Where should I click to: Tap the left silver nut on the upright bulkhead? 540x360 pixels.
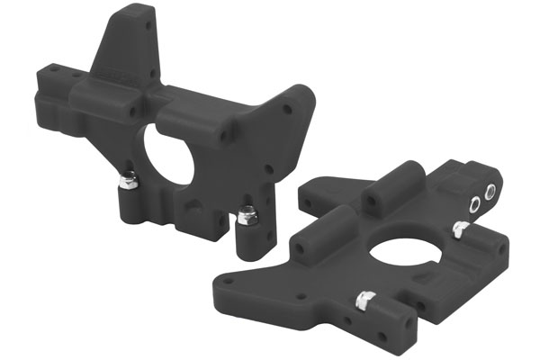coord(128,180)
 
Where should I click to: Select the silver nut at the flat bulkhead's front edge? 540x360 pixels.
coord(364,299)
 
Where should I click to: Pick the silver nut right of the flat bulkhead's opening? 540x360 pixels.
coord(460,230)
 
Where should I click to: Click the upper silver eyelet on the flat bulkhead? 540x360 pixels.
coord(491,191)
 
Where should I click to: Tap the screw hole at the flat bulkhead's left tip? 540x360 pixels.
coord(228,281)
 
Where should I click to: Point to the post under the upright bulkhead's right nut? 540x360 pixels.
coord(244,239)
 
